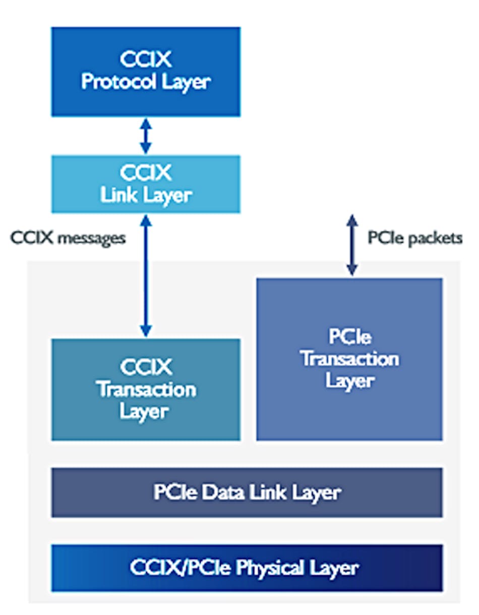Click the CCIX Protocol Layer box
[x=146, y=72]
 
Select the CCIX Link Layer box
[x=146, y=183]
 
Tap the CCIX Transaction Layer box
[x=146, y=389]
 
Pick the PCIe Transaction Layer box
[x=349, y=359]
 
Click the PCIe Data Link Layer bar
[x=247, y=492]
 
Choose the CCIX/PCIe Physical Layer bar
[x=247, y=568]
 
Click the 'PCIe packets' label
[x=414, y=238]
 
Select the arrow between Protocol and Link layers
[x=145, y=136]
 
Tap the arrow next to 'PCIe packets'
[x=352, y=245]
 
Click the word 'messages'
[x=91, y=238]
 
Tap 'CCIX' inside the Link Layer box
[x=146, y=173]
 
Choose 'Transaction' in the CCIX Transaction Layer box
[x=146, y=390]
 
